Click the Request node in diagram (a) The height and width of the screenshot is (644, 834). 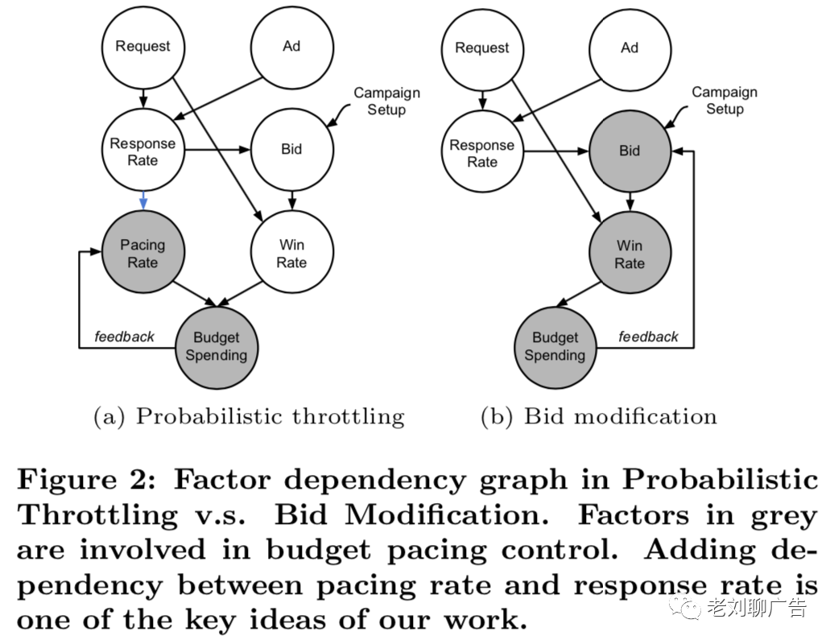tap(142, 47)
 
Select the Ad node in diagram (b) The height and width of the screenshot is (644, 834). tap(629, 48)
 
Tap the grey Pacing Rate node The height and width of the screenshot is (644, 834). tap(142, 254)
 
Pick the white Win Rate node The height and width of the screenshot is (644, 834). tap(291, 254)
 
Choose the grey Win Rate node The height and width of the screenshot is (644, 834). tap(629, 254)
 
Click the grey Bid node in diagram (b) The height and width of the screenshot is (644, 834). tap(629, 151)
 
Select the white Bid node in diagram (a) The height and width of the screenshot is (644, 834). tap(291, 149)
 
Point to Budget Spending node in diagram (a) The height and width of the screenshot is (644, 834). tap(215, 346)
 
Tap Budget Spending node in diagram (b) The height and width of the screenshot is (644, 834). tap(555, 346)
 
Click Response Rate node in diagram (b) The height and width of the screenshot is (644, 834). tap(482, 153)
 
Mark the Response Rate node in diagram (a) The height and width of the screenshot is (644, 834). tap(142, 151)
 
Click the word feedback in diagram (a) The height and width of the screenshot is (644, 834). tap(124, 336)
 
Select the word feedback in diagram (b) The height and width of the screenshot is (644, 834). tap(648, 336)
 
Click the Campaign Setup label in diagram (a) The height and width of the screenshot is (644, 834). tap(386, 101)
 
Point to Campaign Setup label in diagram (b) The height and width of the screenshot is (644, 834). tap(725, 101)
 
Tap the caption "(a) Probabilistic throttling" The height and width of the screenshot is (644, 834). tap(249, 416)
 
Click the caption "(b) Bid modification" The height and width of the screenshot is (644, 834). tap(598, 416)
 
